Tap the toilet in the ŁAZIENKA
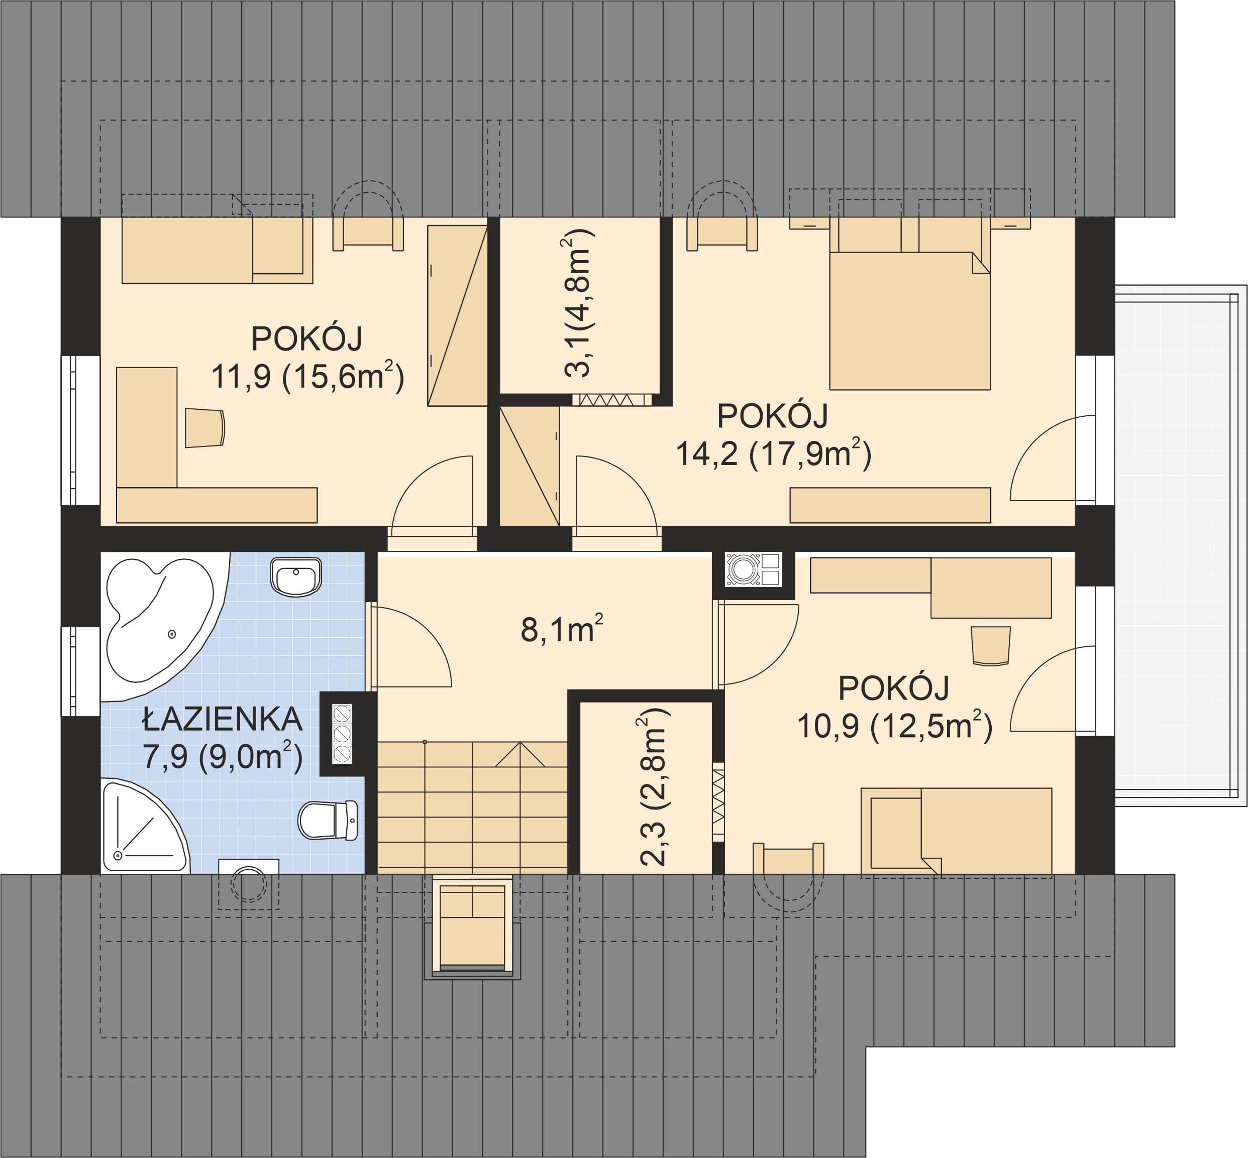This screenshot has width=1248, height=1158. tap(327, 820)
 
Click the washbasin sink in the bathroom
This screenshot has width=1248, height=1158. tap(296, 576)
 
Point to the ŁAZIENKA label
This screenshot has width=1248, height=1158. tap(223, 720)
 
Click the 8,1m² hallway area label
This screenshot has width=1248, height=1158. tap(562, 629)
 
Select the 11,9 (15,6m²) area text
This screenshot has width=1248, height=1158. tap(307, 377)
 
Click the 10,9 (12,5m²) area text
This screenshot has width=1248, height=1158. tap(894, 726)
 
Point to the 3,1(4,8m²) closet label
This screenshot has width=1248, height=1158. tap(577, 303)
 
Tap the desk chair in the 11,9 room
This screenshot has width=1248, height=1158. tap(205, 428)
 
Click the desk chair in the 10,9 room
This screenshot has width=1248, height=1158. tap(990, 645)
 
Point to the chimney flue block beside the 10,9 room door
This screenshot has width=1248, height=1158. tap(754, 569)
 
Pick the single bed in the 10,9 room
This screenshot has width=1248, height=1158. tap(956, 831)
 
